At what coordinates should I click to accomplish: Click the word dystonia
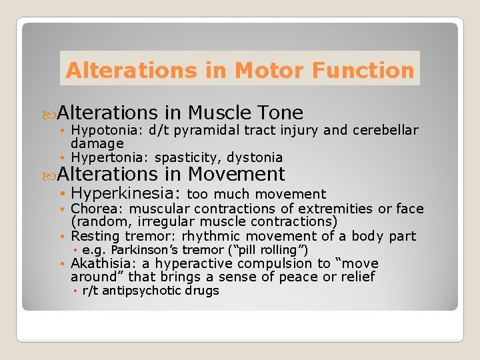pyautogui.click(x=255, y=157)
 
